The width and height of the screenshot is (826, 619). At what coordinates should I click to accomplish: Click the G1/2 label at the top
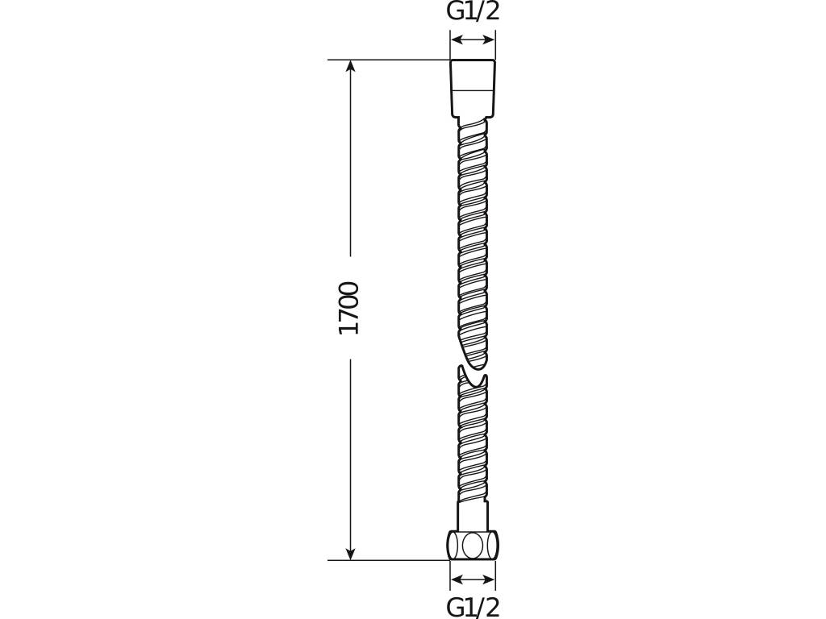point(473,11)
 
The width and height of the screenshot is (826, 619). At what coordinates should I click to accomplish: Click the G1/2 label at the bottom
point(473,606)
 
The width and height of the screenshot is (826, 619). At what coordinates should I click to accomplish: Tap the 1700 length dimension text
point(349,308)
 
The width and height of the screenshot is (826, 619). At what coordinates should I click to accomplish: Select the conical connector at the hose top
point(472,89)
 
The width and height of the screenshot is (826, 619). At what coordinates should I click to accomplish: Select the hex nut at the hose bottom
point(473,545)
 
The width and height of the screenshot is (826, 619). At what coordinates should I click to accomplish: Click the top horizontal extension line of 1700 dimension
point(387,60)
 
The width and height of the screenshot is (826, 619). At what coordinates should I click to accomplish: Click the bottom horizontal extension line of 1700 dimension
point(387,559)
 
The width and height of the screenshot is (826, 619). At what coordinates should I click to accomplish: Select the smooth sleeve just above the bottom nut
point(473,516)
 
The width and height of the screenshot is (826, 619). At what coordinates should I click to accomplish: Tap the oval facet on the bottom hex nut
point(472,546)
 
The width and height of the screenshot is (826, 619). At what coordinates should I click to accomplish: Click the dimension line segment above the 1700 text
point(350,161)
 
